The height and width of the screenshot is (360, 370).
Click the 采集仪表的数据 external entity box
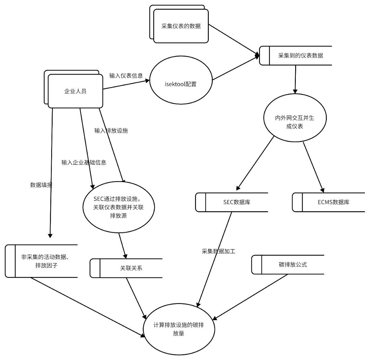pyautogui.click(x=181, y=26)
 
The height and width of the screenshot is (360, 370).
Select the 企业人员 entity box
pyautogui.click(x=75, y=91)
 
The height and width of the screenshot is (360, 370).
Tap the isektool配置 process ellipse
pyautogui.click(x=180, y=80)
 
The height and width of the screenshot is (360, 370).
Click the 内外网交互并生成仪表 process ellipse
pyautogui.click(x=295, y=118)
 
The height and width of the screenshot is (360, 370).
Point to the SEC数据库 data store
pyautogui.click(x=236, y=202)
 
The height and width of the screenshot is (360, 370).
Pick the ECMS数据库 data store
pyautogui.click(x=333, y=202)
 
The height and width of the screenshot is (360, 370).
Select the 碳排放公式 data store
pyautogui.click(x=292, y=265)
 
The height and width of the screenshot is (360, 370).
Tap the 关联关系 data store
pyautogui.click(x=131, y=268)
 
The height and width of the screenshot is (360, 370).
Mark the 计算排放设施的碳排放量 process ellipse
pyautogui.click(x=179, y=329)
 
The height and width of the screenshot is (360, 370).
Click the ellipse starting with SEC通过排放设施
pyautogui.click(x=118, y=207)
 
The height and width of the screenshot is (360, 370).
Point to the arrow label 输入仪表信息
pyautogui.click(x=126, y=76)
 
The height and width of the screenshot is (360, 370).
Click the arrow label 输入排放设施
pyautogui.click(x=111, y=131)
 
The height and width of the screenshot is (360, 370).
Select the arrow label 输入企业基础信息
pyautogui.click(x=84, y=162)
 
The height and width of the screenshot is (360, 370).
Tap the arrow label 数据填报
pyautogui.click(x=41, y=185)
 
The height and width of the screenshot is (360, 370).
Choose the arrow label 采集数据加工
pyautogui.click(x=218, y=251)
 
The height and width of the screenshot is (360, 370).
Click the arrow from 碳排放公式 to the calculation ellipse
pyautogui.click(x=250, y=297)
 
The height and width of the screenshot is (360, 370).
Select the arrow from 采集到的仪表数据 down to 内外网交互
pyautogui.click(x=295, y=79)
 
